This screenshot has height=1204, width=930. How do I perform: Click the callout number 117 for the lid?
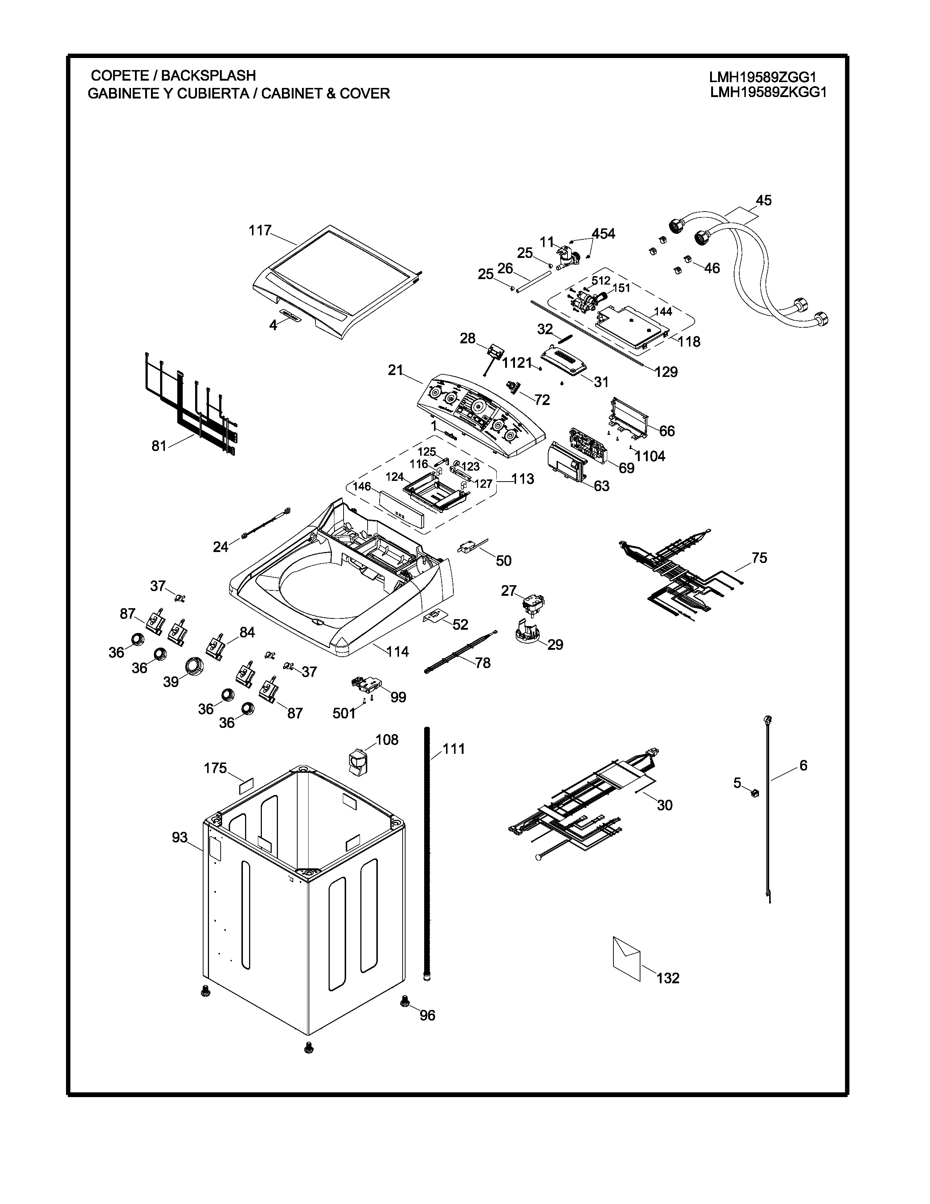(260, 231)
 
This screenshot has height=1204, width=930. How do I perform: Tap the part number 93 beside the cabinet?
(179, 837)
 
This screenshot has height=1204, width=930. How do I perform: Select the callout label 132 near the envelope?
(668, 978)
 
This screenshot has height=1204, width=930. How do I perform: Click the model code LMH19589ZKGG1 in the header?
(768, 93)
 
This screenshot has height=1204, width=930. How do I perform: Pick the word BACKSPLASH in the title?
(208, 76)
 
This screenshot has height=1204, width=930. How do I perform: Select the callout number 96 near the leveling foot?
(427, 1015)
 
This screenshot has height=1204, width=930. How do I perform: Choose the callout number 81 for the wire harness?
(159, 445)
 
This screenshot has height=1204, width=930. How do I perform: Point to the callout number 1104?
(650, 456)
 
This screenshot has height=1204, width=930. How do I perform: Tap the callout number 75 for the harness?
(759, 558)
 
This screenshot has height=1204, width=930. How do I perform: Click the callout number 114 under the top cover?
(397, 652)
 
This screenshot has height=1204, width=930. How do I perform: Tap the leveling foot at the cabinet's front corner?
(309, 1047)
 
